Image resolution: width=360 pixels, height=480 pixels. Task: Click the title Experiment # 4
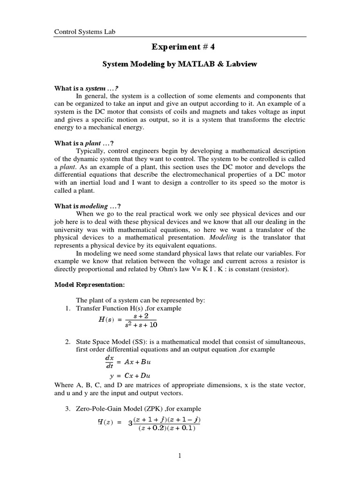(x=180, y=46)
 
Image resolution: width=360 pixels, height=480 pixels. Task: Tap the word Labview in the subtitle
(x=240, y=64)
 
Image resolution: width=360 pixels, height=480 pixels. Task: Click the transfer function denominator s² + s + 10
(x=138, y=325)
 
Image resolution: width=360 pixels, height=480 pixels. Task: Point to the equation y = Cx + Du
(x=130, y=375)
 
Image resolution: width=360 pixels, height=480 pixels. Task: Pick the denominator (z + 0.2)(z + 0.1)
(x=166, y=428)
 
